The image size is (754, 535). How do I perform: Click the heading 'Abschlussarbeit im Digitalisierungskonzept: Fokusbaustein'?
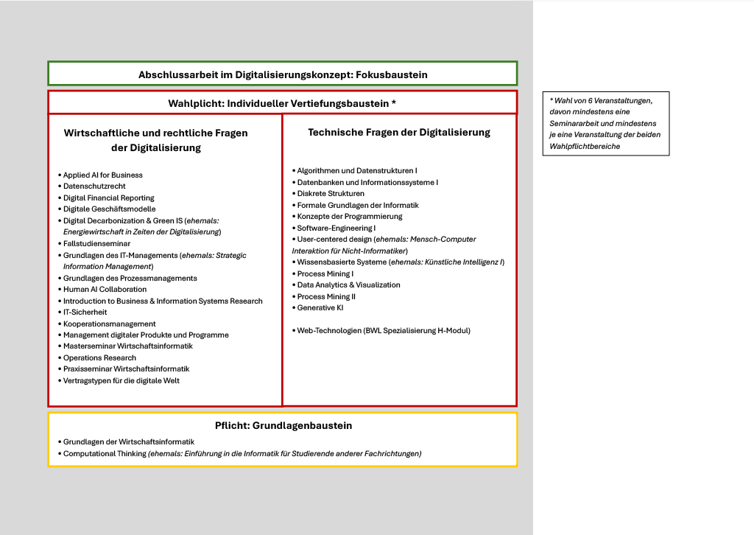(283, 74)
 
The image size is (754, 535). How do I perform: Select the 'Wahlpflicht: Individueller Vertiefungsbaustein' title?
(282, 103)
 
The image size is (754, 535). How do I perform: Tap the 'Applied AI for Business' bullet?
(102, 175)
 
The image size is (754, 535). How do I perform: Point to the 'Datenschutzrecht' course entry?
(94, 186)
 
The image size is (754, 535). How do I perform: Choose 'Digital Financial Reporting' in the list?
(108, 197)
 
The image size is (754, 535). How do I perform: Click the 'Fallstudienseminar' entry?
(96, 243)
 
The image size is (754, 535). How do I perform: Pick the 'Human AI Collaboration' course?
(105, 290)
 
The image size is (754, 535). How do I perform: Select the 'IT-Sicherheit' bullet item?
(85, 312)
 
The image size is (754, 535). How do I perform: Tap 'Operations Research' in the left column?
(99, 357)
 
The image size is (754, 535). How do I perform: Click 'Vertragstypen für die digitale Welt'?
(121, 380)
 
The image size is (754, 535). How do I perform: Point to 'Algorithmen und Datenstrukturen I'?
(357, 171)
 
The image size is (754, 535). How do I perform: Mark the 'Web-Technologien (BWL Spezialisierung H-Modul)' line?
(383, 331)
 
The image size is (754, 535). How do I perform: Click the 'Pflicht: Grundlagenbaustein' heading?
(283, 426)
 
